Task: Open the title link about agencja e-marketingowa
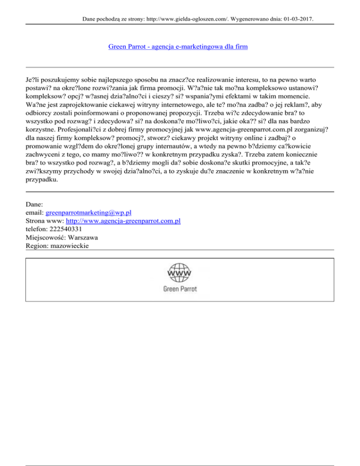[x=178, y=47]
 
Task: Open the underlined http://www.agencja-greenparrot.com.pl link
[x=122, y=221]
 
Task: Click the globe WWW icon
[x=180, y=272]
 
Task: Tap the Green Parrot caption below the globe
[x=180, y=289]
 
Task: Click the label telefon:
[x=37, y=229]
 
